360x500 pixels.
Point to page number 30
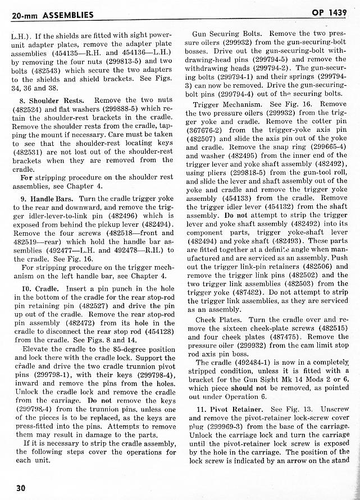(x=17, y=487)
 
